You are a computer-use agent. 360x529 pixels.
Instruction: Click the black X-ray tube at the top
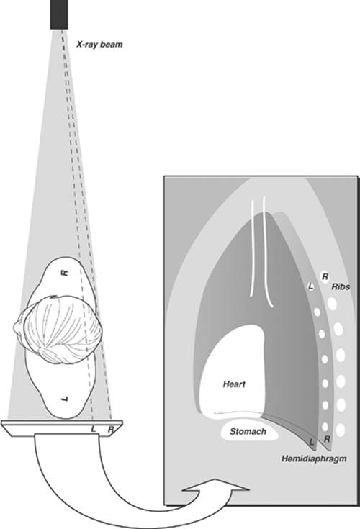(59, 14)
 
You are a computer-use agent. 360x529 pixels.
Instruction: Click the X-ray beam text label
(99, 44)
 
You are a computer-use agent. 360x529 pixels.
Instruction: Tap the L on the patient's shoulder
(66, 399)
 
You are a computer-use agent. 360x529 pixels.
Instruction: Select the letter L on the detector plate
(94, 429)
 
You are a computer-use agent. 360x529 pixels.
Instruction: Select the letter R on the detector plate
(110, 429)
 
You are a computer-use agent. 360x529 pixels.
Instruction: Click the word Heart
(234, 384)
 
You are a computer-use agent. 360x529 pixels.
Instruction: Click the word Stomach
(248, 431)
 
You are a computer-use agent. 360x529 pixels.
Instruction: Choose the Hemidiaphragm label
(314, 459)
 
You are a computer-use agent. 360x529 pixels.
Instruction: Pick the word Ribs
(341, 286)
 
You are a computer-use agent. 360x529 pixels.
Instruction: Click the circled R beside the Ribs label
(325, 277)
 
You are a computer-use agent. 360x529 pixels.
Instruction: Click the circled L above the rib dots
(310, 286)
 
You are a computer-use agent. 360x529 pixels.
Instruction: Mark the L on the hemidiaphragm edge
(312, 442)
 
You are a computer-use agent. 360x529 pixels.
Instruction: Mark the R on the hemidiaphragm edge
(327, 439)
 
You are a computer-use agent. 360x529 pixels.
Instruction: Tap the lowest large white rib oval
(341, 430)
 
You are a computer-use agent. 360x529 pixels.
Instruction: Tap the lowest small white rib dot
(325, 427)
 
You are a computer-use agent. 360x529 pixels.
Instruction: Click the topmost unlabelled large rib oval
(333, 304)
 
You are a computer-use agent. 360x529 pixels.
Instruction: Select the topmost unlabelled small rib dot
(317, 312)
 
